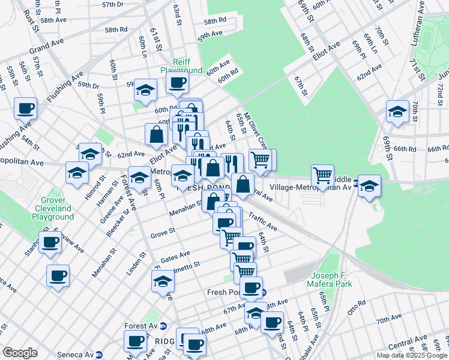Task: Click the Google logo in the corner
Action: [x=20, y=352]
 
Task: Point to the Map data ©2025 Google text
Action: [x=411, y=355]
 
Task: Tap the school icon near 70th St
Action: [x=397, y=112]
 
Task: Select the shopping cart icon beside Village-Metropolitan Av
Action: [x=323, y=176]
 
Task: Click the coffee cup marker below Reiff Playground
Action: [x=177, y=83]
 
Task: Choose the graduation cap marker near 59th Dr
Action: [x=145, y=91]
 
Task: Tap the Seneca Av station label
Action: [x=76, y=354]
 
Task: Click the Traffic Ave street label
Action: [x=262, y=222]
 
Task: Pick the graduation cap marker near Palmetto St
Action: [x=163, y=281]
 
